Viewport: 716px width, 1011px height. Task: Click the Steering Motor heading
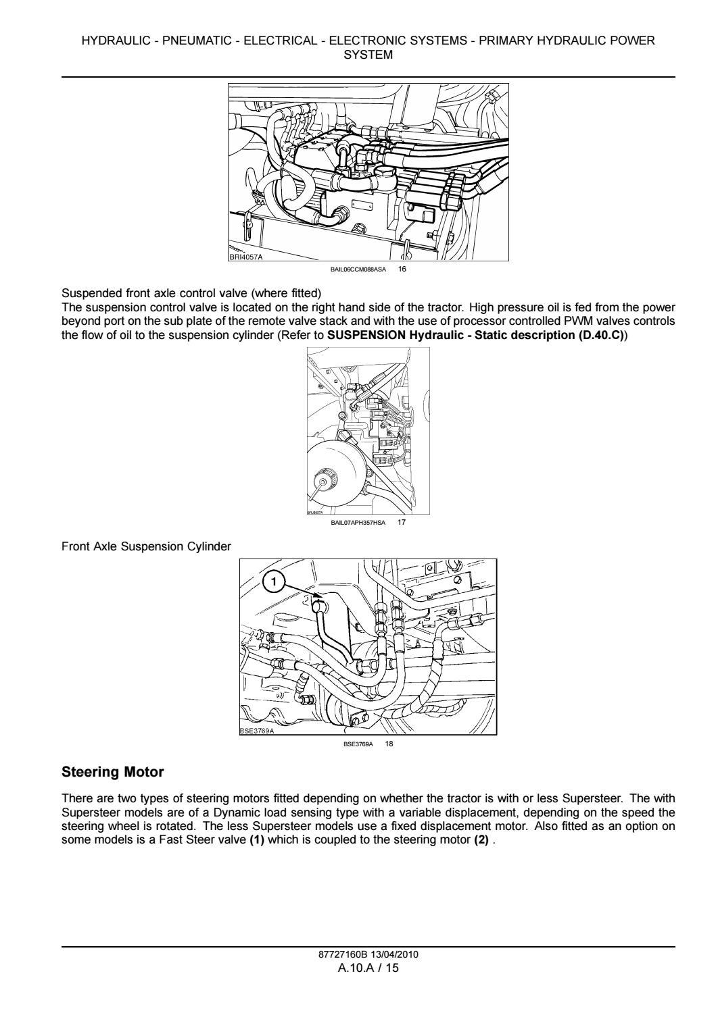[x=113, y=771]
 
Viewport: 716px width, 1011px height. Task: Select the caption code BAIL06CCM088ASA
[x=358, y=269]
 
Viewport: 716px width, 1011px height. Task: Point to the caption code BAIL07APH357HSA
[x=358, y=522]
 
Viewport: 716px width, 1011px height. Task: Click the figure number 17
[x=402, y=522]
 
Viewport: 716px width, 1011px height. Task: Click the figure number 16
[x=402, y=269]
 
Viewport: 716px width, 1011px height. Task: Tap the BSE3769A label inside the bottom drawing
[x=258, y=731]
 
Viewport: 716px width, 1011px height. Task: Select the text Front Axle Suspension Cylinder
[x=146, y=546]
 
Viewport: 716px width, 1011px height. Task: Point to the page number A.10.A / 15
[x=368, y=968]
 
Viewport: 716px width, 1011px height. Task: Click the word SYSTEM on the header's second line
[x=368, y=55]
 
